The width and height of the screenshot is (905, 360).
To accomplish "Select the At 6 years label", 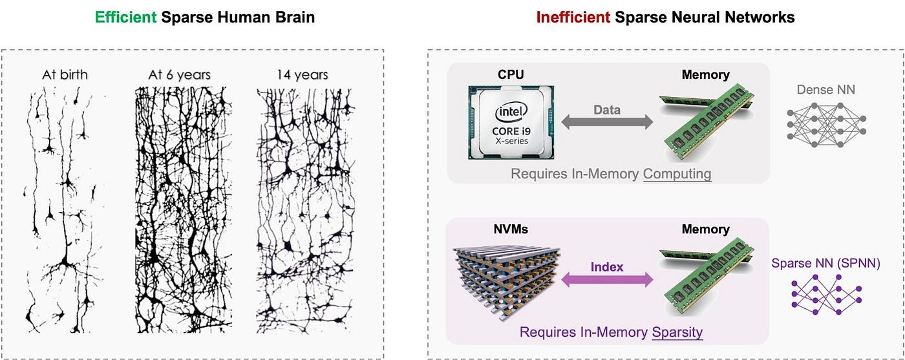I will click(180, 76).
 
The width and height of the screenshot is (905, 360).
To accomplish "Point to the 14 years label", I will click(302, 76).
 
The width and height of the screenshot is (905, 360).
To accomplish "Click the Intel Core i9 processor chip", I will click(511, 123).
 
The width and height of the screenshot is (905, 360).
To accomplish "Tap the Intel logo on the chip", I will click(511, 111).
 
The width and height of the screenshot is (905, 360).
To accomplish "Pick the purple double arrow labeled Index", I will click(607, 279).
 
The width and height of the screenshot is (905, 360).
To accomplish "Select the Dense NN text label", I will click(825, 90).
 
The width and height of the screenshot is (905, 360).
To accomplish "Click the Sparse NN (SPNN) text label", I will click(825, 264).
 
